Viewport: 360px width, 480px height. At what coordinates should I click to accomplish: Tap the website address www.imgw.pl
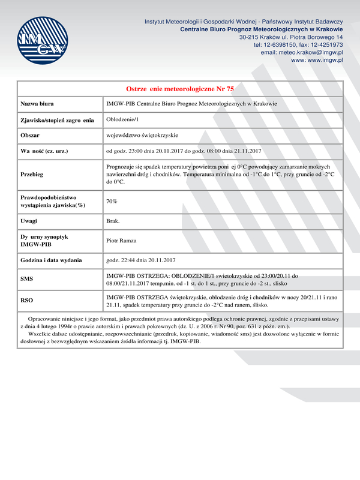[317, 61]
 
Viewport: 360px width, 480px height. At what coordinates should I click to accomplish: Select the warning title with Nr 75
[180, 88]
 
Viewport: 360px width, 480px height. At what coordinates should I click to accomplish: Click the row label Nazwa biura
[38, 104]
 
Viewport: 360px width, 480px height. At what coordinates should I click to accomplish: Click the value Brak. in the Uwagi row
[113, 221]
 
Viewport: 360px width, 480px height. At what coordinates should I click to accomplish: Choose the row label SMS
[28, 280]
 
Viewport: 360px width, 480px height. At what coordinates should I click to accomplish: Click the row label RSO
[27, 299]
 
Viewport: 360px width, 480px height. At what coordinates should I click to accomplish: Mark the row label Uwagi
[29, 221]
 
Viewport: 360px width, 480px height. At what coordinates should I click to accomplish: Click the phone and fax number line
[298, 44]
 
